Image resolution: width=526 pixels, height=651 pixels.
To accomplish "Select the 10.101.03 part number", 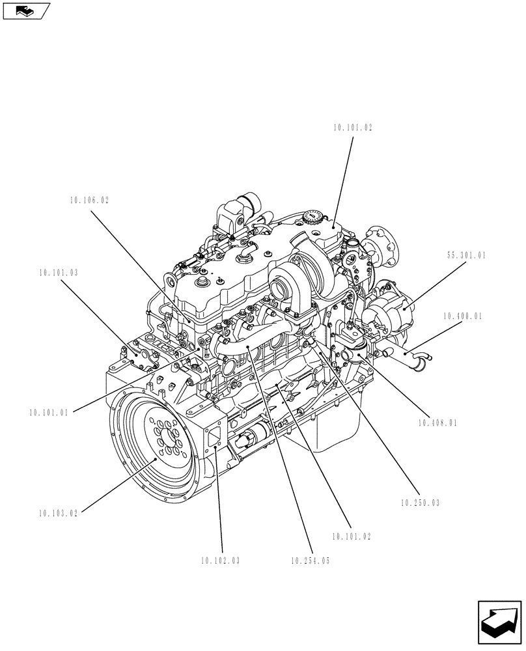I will click(58, 273).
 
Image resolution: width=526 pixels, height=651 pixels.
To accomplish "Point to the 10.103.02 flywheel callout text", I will click(58, 513).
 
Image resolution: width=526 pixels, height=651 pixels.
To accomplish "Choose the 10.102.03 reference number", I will click(220, 561).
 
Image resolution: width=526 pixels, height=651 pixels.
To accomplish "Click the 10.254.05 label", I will click(311, 561).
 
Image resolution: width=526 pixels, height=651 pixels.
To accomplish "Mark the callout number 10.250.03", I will click(421, 503).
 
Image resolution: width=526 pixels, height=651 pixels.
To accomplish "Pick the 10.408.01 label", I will click(438, 422).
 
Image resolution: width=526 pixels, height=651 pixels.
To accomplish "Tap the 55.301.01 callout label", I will click(466, 256).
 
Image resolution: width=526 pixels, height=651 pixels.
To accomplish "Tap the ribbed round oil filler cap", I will click(313, 217).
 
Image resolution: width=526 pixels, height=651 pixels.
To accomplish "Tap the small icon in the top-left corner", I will click(25, 10).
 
